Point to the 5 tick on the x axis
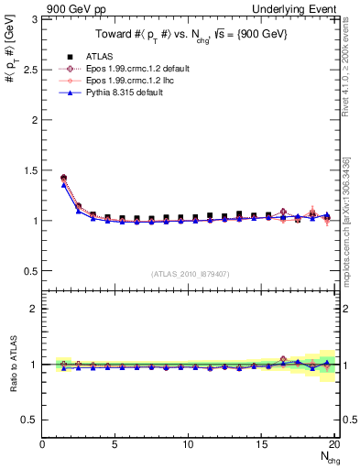click(x=115, y=444)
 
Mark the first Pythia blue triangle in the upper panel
click(x=64, y=185)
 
